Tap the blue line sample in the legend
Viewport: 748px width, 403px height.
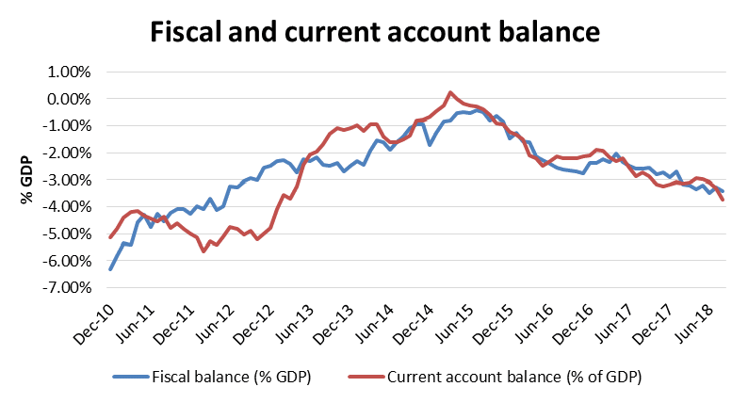pyautogui.click(x=131, y=379)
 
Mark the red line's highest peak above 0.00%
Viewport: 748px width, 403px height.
pyautogui.click(x=450, y=92)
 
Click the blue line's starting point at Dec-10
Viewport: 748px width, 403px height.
pyautogui.click(x=110, y=269)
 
